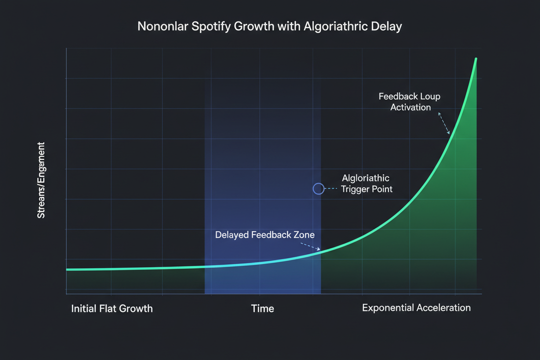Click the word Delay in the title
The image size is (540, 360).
point(387,26)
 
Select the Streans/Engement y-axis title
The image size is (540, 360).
point(41,180)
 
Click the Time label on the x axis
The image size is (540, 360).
point(263,308)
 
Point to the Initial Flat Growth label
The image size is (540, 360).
point(112,308)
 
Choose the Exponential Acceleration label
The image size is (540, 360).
point(416,308)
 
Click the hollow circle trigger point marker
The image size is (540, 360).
point(318,188)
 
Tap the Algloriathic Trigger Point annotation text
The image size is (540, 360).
point(367,184)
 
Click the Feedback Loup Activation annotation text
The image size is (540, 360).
point(409,102)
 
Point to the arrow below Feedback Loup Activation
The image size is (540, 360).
point(444,123)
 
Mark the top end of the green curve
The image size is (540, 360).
point(476,59)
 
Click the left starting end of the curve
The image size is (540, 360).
point(67,270)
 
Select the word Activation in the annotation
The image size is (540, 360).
point(410,107)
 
